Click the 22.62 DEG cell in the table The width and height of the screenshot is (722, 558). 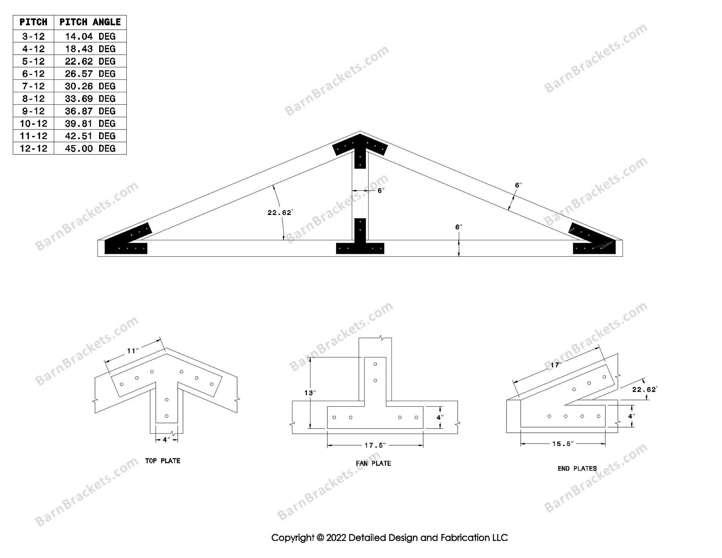tap(90, 61)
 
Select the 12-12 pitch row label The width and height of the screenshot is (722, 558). tap(33, 148)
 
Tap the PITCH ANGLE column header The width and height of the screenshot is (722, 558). tap(90, 22)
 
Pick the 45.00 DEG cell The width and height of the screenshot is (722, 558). tap(90, 148)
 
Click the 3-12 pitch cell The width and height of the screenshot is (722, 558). tap(33, 37)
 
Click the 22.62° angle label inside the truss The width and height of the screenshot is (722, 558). tap(280, 213)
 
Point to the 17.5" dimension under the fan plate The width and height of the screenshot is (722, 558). tap(375, 445)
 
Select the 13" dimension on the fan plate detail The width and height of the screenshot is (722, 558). tap(309, 393)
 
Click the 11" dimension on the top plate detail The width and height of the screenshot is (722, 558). tap(133, 351)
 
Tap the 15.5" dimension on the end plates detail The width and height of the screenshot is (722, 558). tap(563, 444)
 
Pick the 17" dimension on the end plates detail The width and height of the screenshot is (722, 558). tap(556, 365)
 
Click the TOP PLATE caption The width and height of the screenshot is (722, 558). tap(162, 461)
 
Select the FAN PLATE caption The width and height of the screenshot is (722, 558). tap(373, 463)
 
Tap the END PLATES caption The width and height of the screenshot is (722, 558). tap(577, 469)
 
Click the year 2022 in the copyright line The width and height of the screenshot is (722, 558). tap(336, 538)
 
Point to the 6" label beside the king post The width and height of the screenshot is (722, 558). tap(381, 191)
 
